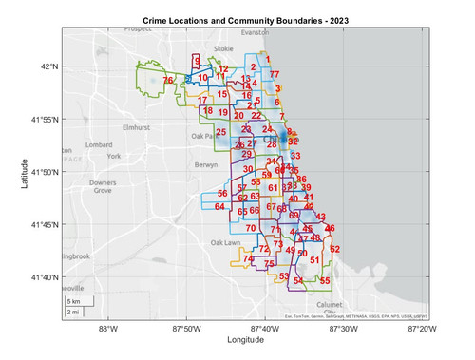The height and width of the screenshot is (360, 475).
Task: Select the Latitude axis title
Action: point(21,173)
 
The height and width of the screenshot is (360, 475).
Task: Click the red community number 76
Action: point(168,82)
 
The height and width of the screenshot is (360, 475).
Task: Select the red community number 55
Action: point(325,281)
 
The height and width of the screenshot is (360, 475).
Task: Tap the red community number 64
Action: point(219,206)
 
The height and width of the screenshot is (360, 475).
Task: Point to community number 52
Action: point(335,249)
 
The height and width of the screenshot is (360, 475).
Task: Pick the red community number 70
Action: point(251,228)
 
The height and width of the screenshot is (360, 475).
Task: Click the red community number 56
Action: point(222,193)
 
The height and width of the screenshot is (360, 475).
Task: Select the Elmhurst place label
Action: point(136,125)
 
